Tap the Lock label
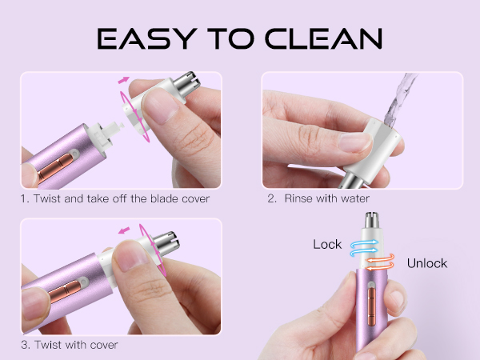328,244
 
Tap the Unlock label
426,263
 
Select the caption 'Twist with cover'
76,345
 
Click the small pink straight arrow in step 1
123,81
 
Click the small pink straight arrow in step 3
123,231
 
